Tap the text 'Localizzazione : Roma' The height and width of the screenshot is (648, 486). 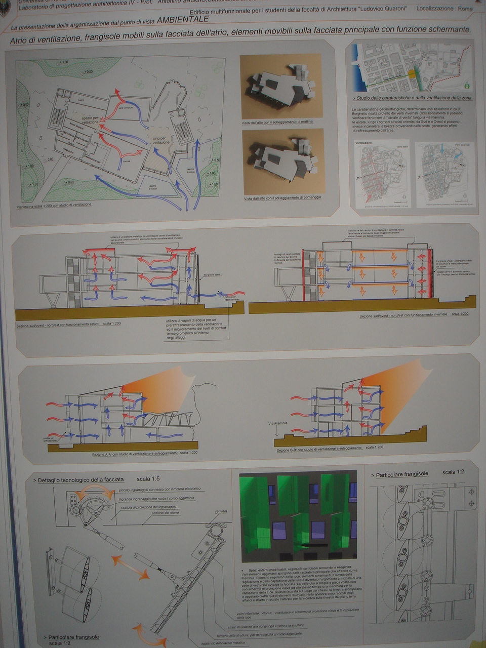click(444, 9)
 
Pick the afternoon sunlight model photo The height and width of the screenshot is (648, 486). click(283, 160)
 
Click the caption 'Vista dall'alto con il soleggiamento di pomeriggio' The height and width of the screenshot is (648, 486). click(282, 197)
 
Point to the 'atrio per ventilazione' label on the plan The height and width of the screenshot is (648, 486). click(161, 140)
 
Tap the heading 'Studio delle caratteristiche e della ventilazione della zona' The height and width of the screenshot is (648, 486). click(412, 98)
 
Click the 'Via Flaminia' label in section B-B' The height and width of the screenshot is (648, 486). click(278, 423)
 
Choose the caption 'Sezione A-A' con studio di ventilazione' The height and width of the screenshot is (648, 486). click(134, 454)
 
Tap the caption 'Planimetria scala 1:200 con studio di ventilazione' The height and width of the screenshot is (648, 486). click(54, 206)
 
